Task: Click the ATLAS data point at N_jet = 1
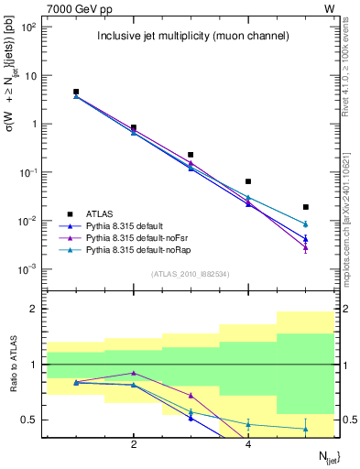pyautogui.click(x=76, y=92)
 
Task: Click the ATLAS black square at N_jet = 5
pyautogui.click(x=305, y=207)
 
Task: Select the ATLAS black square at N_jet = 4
pyautogui.click(x=248, y=181)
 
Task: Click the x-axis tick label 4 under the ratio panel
pyautogui.click(x=248, y=444)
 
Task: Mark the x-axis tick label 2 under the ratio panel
pyautogui.click(x=134, y=444)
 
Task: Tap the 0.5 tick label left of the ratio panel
pyautogui.click(x=29, y=420)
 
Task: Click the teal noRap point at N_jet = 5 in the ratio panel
pyautogui.click(x=305, y=429)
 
